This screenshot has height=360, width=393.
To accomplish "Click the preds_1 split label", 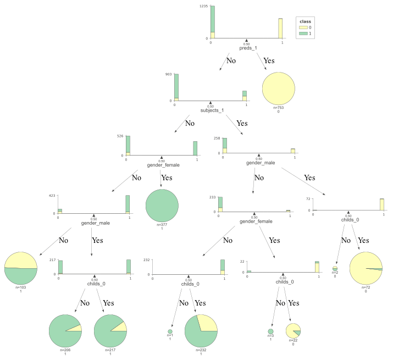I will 246,47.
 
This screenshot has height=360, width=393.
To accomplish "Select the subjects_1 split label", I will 210,110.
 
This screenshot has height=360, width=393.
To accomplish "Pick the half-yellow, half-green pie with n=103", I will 20,268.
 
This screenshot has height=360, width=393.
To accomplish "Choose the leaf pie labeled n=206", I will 65,331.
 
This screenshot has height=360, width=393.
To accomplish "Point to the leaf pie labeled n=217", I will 110,331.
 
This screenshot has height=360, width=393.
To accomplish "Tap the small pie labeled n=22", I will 293,331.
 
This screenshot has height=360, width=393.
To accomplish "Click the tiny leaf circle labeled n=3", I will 270,331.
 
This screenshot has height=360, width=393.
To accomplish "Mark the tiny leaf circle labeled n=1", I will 170,331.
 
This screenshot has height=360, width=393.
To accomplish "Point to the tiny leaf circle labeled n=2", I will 335,268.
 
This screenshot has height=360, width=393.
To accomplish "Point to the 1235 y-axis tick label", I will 203,6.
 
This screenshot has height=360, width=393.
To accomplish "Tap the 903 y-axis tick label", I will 169,74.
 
